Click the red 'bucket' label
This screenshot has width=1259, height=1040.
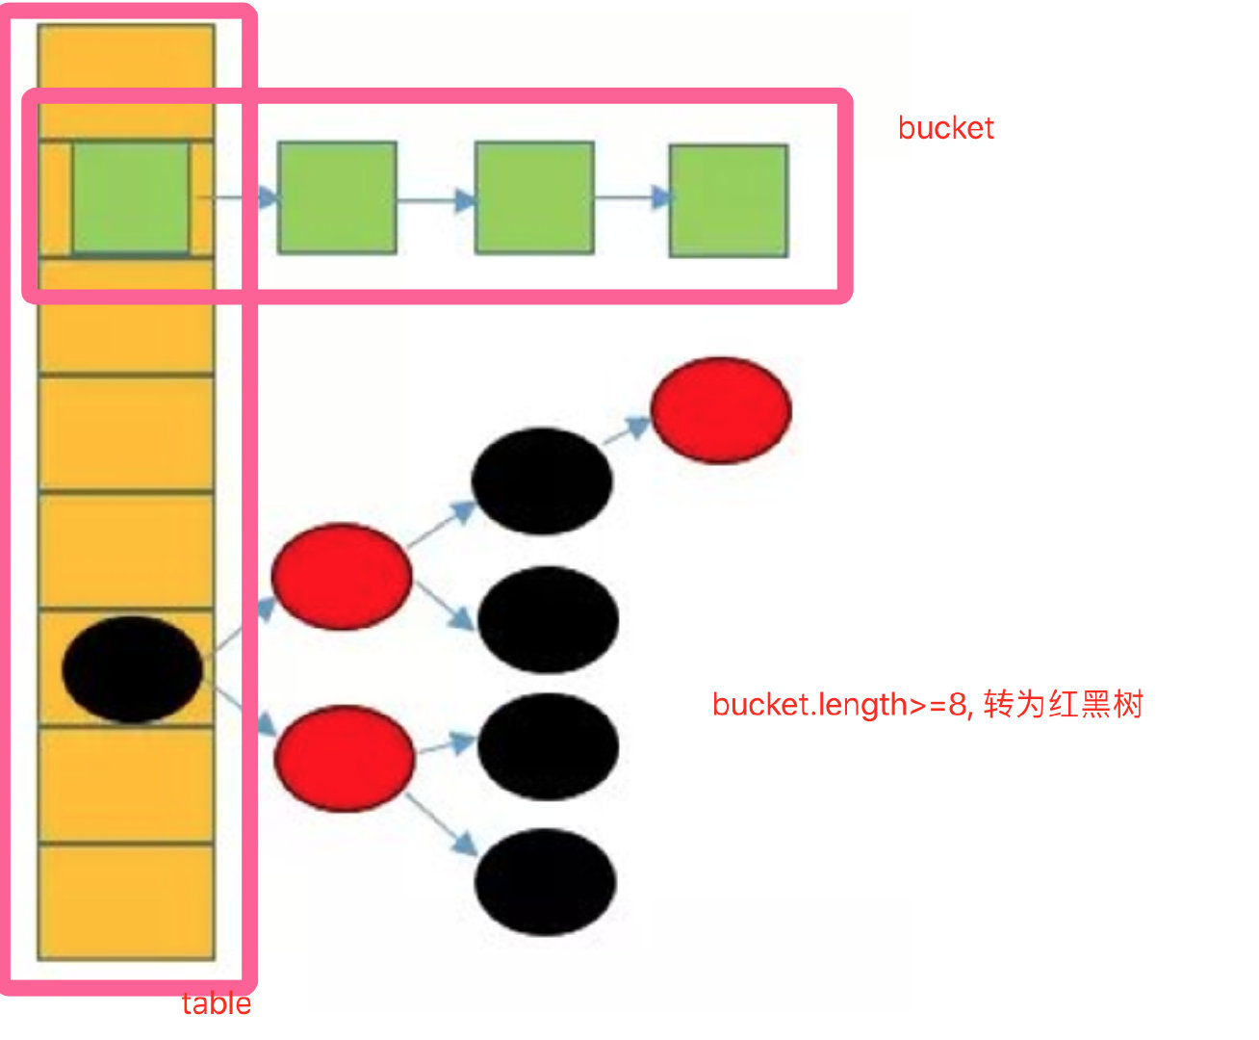click(x=945, y=128)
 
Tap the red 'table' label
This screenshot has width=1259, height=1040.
click(x=216, y=1003)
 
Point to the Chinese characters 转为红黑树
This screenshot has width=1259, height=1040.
click(x=1064, y=705)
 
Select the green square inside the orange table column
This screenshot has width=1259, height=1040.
click(x=131, y=197)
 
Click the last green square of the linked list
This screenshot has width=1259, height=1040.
click(x=729, y=200)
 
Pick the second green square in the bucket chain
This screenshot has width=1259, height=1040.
click(x=337, y=197)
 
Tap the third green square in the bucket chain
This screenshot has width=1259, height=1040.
click(x=534, y=198)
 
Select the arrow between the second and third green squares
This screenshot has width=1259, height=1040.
click(x=436, y=200)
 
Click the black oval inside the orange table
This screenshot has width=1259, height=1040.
click(x=132, y=669)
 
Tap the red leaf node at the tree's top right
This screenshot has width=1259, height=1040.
click(x=721, y=410)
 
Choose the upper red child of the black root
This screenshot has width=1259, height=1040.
click(x=342, y=576)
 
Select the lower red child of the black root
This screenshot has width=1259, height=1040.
click(x=345, y=758)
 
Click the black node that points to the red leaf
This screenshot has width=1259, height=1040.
click(x=542, y=481)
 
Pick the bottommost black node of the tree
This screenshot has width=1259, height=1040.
click(x=546, y=881)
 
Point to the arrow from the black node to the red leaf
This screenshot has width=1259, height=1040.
click(x=628, y=430)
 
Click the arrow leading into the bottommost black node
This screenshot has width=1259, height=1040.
click(x=443, y=823)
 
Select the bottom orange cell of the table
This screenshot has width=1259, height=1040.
click(x=126, y=901)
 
